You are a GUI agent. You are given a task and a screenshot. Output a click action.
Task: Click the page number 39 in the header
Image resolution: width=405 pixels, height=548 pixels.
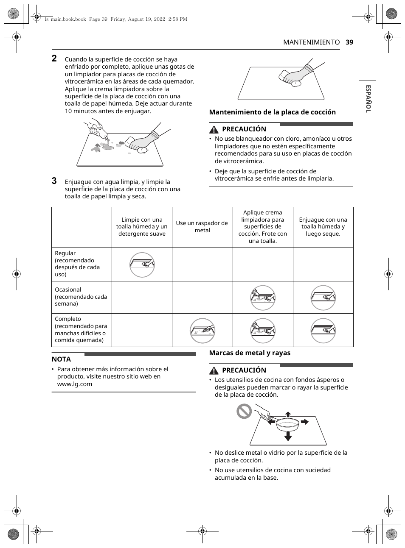click(x=349, y=42)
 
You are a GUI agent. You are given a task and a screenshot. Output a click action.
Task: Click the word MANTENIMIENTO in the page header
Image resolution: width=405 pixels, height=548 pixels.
click(x=311, y=42)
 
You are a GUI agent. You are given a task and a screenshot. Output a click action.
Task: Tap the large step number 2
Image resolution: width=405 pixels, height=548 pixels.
click(x=54, y=58)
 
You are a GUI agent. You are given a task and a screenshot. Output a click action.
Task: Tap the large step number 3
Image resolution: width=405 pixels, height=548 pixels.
click(x=54, y=181)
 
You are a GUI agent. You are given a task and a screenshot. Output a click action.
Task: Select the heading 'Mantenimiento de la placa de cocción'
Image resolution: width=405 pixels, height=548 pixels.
click(x=272, y=112)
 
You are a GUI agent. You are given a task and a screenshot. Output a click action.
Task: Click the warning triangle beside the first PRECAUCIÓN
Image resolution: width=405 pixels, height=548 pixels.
click(x=214, y=129)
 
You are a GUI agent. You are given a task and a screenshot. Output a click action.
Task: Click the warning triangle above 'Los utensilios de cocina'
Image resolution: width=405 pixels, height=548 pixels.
click(x=214, y=370)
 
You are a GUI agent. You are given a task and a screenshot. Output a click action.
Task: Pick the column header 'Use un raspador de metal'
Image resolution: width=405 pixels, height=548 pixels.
click(x=202, y=227)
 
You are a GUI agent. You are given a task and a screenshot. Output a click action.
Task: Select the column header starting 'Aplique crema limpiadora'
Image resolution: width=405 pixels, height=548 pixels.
click(x=263, y=227)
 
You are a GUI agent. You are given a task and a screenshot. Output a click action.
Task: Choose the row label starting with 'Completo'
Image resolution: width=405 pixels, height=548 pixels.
click(x=81, y=329)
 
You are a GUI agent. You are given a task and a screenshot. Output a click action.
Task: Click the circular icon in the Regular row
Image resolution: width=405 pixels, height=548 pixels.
click(x=142, y=265)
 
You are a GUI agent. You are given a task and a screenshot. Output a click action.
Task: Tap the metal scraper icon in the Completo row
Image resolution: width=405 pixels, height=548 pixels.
click(x=202, y=331)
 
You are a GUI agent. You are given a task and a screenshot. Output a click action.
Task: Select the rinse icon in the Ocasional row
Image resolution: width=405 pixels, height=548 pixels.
click(x=323, y=298)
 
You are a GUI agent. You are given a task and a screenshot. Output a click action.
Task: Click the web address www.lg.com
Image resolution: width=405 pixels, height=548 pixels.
click(x=75, y=384)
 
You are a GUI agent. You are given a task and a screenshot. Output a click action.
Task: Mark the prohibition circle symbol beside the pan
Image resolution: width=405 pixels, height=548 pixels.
click(x=244, y=411)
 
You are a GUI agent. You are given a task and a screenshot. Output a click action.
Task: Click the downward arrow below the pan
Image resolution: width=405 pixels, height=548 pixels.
click(x=288, y=436)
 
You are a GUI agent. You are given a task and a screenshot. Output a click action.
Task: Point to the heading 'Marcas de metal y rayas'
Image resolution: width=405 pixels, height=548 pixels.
click(x=250, y=353)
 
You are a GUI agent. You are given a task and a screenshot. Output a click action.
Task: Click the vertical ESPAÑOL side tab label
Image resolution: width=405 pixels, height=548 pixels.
click(x=368, y=98)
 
